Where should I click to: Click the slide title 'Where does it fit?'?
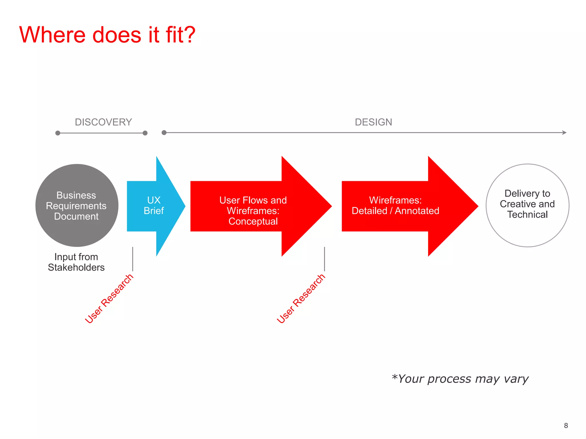107,35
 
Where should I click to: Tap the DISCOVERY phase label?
103,122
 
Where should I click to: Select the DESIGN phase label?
373,122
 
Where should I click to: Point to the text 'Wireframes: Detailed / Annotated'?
395,205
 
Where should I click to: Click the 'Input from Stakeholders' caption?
76,262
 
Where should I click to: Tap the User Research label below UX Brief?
109,298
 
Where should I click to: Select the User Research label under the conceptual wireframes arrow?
301,298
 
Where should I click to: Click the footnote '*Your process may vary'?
460,379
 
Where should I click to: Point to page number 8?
566,426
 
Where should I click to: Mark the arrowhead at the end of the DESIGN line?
564,133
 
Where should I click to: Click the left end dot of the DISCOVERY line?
58,133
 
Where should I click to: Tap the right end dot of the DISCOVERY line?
145,133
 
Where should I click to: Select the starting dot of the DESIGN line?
164,133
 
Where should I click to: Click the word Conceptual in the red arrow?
253,221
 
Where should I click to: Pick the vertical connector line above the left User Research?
133,259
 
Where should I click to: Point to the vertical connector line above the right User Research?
324,259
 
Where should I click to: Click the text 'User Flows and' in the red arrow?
253,200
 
